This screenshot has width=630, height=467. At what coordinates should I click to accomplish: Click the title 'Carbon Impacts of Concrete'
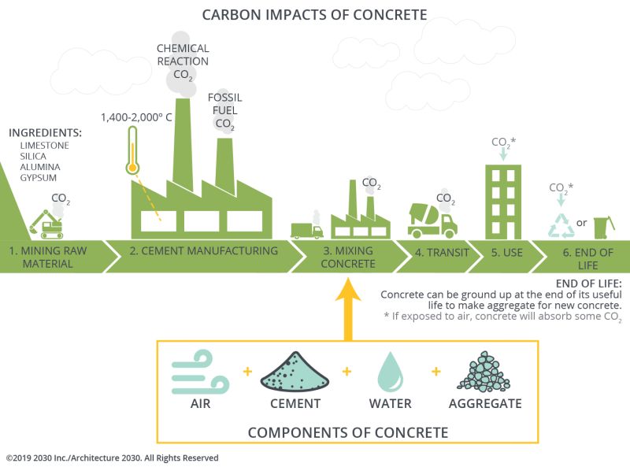[314, 14]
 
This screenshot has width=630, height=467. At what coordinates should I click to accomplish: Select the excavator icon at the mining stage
[46, 224]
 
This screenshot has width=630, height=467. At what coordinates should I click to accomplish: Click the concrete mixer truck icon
[432, 220]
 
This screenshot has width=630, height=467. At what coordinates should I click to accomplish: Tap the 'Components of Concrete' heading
[347, 432]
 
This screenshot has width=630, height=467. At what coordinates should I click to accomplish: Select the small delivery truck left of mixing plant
[306, 229]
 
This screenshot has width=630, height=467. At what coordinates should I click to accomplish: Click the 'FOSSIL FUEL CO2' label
[224, 111]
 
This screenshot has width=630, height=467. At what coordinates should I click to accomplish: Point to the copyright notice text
[112, 458]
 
